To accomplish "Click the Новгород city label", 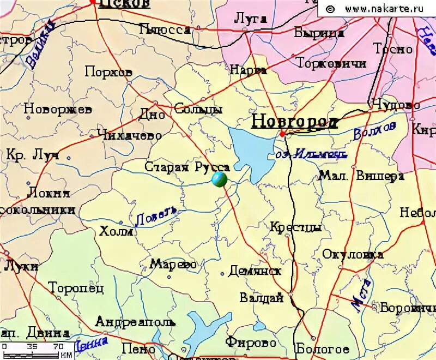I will pyautogui.click(x=294, y=121).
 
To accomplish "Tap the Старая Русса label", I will pyautogui.click(x=187, y=167).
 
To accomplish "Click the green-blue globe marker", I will pyautogui.click(x=219, y=179).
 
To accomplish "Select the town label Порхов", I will pyautogui.click(x=108, y=71).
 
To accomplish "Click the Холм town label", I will pyautogui.click(x=116, y=231).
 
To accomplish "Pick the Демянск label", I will pyautogui.click(x=255, y=271).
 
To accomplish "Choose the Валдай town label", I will pyautogui.click(x=261, y=298).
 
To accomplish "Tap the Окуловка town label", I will pyautogui.click(x=352, y=254).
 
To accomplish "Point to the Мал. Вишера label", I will pyautogui.click(x=361, y=176).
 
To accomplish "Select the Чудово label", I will pyautogui.click(x=396, y=104).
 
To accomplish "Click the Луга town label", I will pyautogui.click(x=250, y=19).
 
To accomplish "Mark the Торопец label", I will pyautogui.click(x=76, y=287).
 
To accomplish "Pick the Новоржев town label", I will pyautogui.click(x=58, y=109).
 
